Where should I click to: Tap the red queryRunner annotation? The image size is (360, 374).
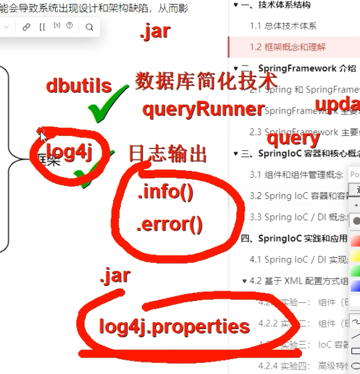pos(203,109)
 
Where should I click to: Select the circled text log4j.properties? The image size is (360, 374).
pos(174,327)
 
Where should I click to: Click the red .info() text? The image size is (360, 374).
pos(166,193)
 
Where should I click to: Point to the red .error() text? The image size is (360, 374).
pos(170,224)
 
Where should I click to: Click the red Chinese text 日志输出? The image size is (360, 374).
pos(167,154)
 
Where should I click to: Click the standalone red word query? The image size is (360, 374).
pos(293,138)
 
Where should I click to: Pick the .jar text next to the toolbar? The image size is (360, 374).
pos(155,31)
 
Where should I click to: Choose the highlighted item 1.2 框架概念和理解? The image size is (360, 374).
pos(296,47)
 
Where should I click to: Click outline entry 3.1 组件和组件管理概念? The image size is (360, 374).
pos(296,174)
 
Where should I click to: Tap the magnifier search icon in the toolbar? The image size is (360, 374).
pos(89,27)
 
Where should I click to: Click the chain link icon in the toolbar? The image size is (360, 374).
pos(26,27)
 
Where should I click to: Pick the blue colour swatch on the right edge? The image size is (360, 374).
pos(355,285)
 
